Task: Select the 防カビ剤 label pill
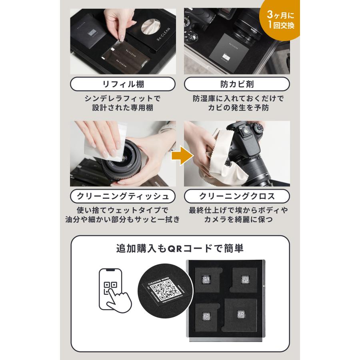pyautogui.click(x=237, y=84)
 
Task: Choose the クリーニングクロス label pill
pyautogui.click(x=237, y=196)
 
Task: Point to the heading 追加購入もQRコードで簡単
pyautogui.click(x=180, y=248)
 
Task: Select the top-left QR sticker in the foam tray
pyautogui.click(x=207, y=280)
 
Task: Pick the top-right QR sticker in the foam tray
pyautogui.click(x=242, y=280)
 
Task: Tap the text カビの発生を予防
pyautogui.click(x=237, y=108)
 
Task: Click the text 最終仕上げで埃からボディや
pyautogui.click(x=237, y=210)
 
